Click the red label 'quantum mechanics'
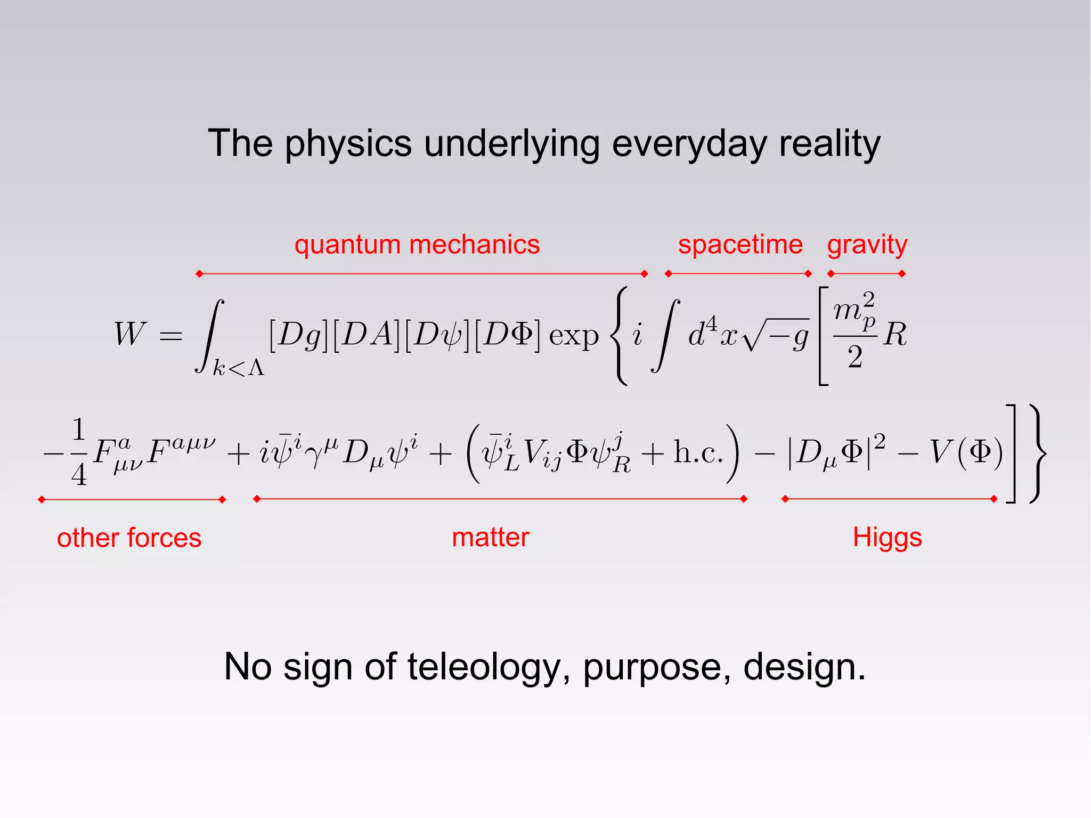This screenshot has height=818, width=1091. [x=417, y=245]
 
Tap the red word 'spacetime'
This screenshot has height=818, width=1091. [x=740, y=245]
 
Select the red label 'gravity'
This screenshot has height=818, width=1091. [x=867, y=246]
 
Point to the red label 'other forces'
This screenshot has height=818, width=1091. [x=129, y=538]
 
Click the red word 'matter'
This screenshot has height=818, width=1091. [x=491, y=537]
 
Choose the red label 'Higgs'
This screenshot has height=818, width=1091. [x=887, y=538]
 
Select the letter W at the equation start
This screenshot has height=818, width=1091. [x=129, y=334]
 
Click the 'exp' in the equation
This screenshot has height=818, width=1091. [x=574, y=336]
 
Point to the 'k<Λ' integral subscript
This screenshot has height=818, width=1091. [x=239, y=368]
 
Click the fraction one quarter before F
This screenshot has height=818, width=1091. [x=79, y=452]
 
